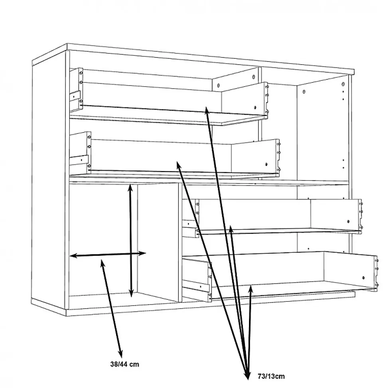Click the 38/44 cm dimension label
pos(124,364)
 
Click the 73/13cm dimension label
pos(271,376)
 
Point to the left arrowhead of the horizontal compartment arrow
pos(74,256)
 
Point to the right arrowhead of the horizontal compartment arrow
pos(142,253)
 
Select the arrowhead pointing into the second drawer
pos(178,165)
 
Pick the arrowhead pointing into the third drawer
pos(231,229)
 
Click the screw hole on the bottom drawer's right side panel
pos(363,278)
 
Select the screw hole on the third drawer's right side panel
pos(348,221)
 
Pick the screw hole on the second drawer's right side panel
pos(266,164)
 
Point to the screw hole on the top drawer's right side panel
pos(255,107)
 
